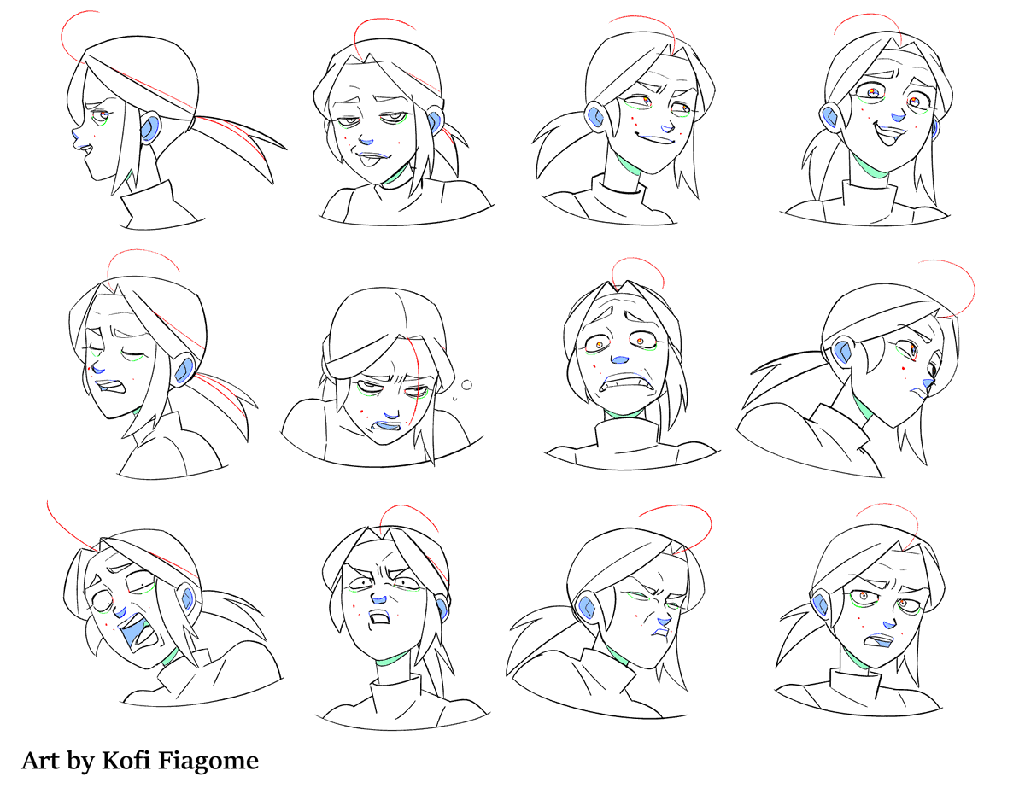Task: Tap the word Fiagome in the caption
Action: coord(208,759)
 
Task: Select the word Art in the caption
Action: coord(40,759)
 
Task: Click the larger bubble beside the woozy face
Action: coord(467,383)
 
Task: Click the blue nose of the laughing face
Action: coord(893,114)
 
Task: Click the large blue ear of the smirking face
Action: coord(595,114)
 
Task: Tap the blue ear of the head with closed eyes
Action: coord(184,371)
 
